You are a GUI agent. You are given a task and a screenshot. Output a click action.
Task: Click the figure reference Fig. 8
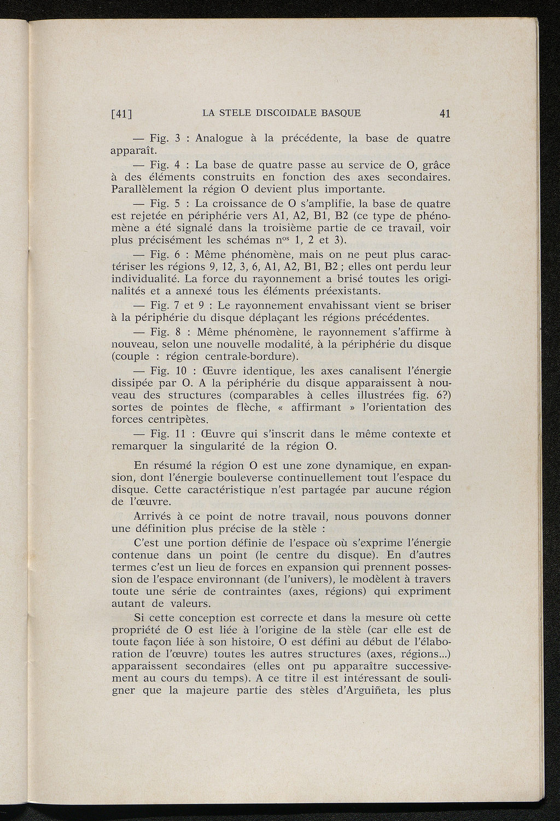coord(161,332)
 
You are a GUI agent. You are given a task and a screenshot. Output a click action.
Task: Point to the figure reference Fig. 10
coord(164,370)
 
